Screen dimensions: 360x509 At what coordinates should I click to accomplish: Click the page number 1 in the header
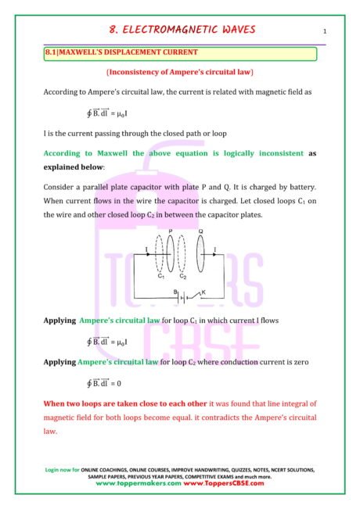[323, 31]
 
